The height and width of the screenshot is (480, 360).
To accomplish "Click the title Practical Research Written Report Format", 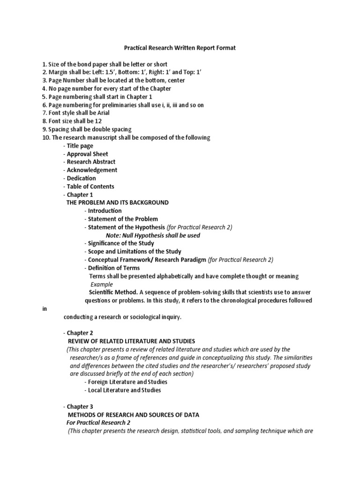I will pyautogui.click(x=180, y=48).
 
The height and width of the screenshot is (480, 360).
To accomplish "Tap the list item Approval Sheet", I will pyautogui.click(x=87, y=154).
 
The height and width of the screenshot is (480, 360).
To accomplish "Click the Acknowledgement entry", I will pyautogui.click(x=92, y=170).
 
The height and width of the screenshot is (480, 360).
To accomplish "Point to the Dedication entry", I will pyautogui.click(x=81, y=178).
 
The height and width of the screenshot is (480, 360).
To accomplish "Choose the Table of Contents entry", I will pyautogui.click(x=90, y=187).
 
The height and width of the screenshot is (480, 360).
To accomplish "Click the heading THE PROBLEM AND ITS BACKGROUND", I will pyautogui.click(x=118, y=202).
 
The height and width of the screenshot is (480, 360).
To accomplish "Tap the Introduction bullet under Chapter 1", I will pyautogui.click(x=105, y=211).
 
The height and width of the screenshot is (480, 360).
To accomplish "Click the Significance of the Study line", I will pyautogui.click(x=121, y=243).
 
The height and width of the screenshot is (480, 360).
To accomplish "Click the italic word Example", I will pyautogui.click(x=102, y=284).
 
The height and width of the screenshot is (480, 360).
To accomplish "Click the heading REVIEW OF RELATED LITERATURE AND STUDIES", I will pyautogui.click(x=131, y=341).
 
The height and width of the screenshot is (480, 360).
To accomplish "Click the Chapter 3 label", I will pyautogui.click(x=80, y=406).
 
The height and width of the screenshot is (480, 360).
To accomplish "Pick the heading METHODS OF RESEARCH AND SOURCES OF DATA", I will pyautogui.click(x=134, y=415).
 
